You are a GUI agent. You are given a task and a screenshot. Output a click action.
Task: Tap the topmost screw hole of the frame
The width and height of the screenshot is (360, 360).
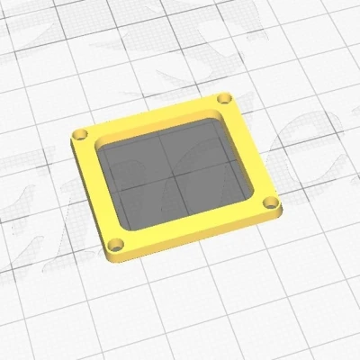pos(225,97)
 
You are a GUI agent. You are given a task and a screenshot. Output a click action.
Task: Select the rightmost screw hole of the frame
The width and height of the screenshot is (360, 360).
pos(268,206)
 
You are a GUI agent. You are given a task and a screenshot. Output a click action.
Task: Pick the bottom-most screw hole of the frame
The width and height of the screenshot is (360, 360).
pos(116,244)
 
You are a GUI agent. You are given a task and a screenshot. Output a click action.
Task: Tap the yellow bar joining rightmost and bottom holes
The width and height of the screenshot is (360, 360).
pos(193,228)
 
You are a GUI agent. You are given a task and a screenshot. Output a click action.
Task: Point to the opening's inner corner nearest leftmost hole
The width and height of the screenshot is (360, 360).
pos(99,144)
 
